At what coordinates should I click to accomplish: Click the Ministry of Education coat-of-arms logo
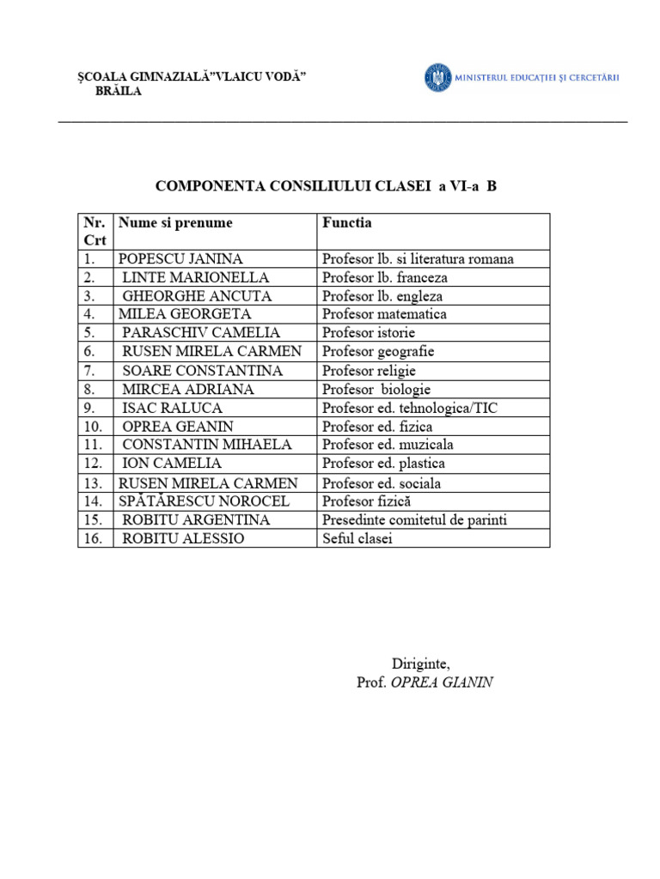[437, 78]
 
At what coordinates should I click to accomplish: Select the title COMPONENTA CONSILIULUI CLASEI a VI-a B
[326, 185]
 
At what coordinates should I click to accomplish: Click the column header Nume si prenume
[175, 223]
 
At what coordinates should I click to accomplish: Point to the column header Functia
[347, 223]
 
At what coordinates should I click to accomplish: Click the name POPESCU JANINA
[180, 258]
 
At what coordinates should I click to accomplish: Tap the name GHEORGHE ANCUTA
[197, 296]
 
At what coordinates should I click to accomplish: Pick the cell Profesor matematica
[384, 314]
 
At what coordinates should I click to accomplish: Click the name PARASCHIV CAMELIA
[201, 332]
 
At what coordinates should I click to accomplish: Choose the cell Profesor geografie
[378, 351]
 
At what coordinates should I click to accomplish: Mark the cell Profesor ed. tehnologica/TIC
[409, 408]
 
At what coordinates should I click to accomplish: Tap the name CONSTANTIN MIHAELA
[207, 445]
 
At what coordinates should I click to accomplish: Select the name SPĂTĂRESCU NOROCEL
[204, 501]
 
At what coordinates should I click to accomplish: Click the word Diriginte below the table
[420, 664]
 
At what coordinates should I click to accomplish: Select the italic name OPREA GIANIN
[442, 682]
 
